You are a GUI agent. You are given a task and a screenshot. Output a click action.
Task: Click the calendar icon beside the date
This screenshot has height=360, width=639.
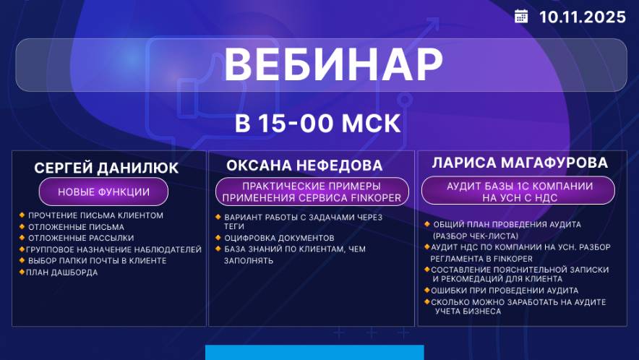click(521, 17)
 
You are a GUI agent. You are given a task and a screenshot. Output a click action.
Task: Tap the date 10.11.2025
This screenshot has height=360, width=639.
click(582, 17)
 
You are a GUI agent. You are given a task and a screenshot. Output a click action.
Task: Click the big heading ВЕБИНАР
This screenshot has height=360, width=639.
click(333, 65)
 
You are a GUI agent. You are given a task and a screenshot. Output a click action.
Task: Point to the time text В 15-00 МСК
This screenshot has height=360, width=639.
click(318, 123)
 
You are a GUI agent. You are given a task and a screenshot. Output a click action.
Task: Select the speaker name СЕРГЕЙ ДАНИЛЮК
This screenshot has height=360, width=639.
click(106, 168)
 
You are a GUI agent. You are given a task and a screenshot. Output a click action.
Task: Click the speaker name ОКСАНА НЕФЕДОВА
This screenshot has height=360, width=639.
click(304, 166)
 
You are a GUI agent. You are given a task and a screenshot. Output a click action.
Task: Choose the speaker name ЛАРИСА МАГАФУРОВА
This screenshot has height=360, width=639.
click(520, 163)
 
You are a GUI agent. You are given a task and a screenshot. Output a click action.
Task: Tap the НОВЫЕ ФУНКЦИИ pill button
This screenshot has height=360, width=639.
click(103, 192)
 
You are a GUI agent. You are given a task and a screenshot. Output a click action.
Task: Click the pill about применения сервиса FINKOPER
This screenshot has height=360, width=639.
click(312, 191)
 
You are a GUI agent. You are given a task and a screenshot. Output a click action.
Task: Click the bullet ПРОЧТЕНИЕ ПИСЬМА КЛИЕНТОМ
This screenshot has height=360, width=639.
click(95, 215)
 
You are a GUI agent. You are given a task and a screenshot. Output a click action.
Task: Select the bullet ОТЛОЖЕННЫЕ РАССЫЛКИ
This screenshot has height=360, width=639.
click(80, 238)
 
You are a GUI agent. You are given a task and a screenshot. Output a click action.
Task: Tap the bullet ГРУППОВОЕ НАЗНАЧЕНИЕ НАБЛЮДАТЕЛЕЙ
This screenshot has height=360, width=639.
click(114, 249)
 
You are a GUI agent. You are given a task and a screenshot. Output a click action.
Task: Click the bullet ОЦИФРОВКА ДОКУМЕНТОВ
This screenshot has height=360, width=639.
click(279, 238)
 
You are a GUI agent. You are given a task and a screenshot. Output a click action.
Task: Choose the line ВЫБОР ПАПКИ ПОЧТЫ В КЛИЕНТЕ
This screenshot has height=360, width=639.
click(97, 261)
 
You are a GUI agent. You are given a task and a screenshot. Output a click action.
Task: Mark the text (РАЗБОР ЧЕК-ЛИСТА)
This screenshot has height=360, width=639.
click(475, 236)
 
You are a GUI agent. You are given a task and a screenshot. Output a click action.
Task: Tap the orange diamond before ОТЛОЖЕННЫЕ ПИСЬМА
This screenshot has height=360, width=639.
click(22, 227)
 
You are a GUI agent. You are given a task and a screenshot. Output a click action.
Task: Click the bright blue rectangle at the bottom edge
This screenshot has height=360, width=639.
click(314, 352)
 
